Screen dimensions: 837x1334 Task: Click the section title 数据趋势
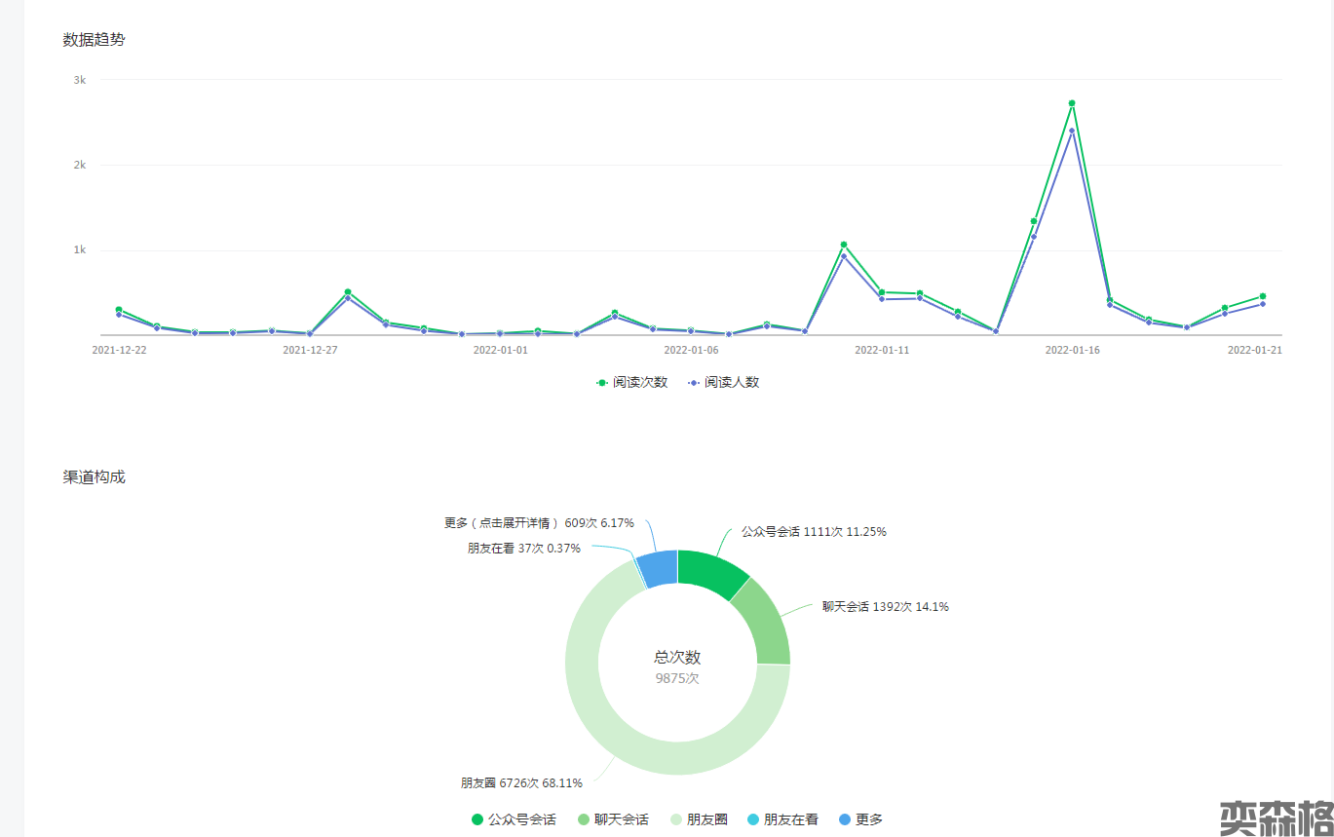tap(94, 40)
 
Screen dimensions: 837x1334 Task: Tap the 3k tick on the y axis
tap(80, 80)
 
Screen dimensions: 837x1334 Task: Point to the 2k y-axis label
tap(80, 165)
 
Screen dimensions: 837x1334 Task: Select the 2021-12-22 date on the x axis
tap(119, 350)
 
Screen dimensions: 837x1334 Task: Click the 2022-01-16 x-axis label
tap(1072, 350)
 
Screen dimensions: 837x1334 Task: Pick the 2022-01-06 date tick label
tap(691, 350)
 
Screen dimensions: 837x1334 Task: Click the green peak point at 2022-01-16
tap(1072, 103)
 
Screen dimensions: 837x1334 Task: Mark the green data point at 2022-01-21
tap(1263, 296)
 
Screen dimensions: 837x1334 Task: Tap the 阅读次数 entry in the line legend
tap(632, 382)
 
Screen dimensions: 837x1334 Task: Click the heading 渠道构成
tap(94, 477)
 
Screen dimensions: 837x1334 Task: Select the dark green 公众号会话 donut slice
tap(710, 571)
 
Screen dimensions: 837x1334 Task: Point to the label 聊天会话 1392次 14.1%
tap(885, 607)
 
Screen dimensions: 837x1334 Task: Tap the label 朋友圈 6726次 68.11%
tap(521, 782)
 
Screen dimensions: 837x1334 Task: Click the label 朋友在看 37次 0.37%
tap(523, 549)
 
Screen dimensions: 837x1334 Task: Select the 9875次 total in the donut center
tap(677, 678)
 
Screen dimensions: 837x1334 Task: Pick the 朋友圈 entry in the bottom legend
tap(699, 820)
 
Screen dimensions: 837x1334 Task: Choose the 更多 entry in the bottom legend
tap(860, 820)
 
